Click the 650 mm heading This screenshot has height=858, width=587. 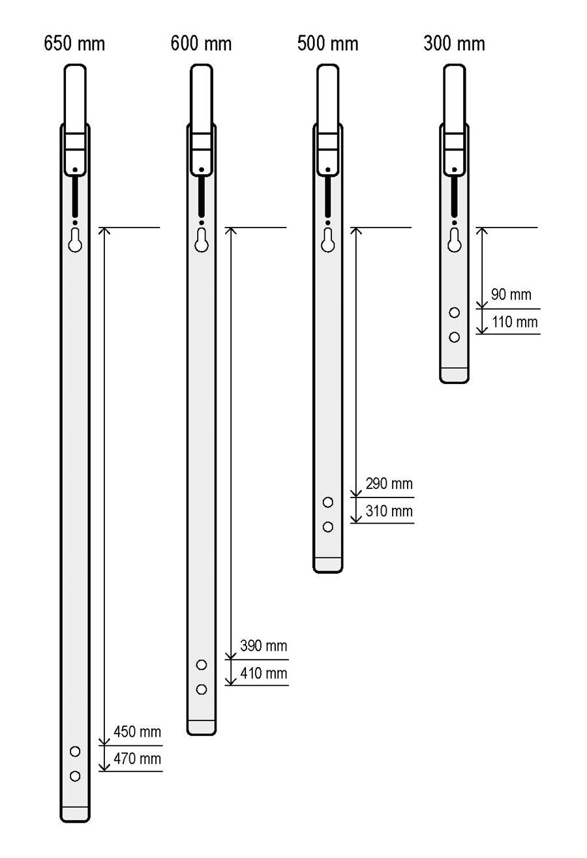74,43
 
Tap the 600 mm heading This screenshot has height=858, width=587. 201,43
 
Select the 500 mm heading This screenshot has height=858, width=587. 327,43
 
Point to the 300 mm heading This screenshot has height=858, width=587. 454,43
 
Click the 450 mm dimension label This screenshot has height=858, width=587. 137,732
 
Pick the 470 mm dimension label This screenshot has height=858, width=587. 137,759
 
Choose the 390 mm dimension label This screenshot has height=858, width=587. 263,646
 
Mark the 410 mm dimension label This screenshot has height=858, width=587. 263,673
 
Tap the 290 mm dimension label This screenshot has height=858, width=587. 389,484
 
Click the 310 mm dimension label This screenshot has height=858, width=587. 389,511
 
